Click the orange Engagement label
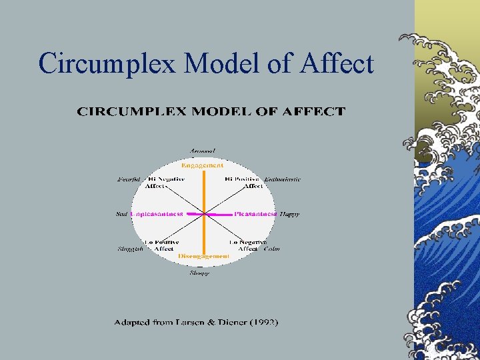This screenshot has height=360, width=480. click(x=203, y=165)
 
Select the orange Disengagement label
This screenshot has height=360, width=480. click(x=204, y=256)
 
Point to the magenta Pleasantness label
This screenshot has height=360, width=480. click(x=255, y=214)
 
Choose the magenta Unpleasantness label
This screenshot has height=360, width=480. click(x=157, y=214)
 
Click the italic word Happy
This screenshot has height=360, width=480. click(x=289, y=214)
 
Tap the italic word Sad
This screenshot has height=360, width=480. click(x=121, y=214)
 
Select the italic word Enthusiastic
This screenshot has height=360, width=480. click(x=283, y=179)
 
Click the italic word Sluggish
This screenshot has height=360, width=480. click(x=130, y=249)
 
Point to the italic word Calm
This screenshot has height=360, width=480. click(x=272, y=249)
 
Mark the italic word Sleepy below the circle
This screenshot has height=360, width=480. click(x=199, y=272)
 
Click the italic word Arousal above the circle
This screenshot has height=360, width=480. click(x=203, y=151)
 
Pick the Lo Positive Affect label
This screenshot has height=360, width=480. click(x=163, y=245)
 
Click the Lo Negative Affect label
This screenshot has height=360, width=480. click(x=247, y=245)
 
